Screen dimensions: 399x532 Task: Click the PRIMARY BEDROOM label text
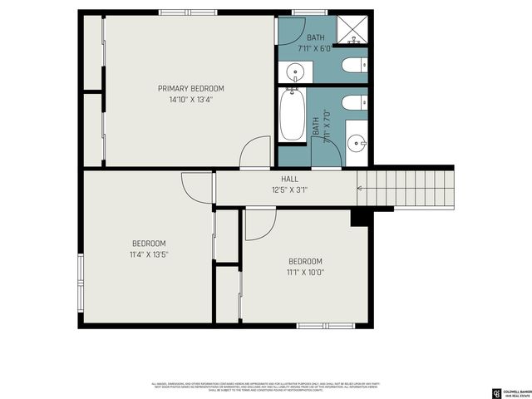(191, 88)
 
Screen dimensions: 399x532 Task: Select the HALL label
(289, 179)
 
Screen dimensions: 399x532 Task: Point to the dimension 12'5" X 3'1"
(289, 190)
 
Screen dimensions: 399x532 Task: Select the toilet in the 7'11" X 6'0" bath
(350, 66)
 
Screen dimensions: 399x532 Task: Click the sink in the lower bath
(357, 142)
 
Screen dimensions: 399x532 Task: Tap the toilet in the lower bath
(350, 103)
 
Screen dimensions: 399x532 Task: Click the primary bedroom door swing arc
(254, 154)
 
